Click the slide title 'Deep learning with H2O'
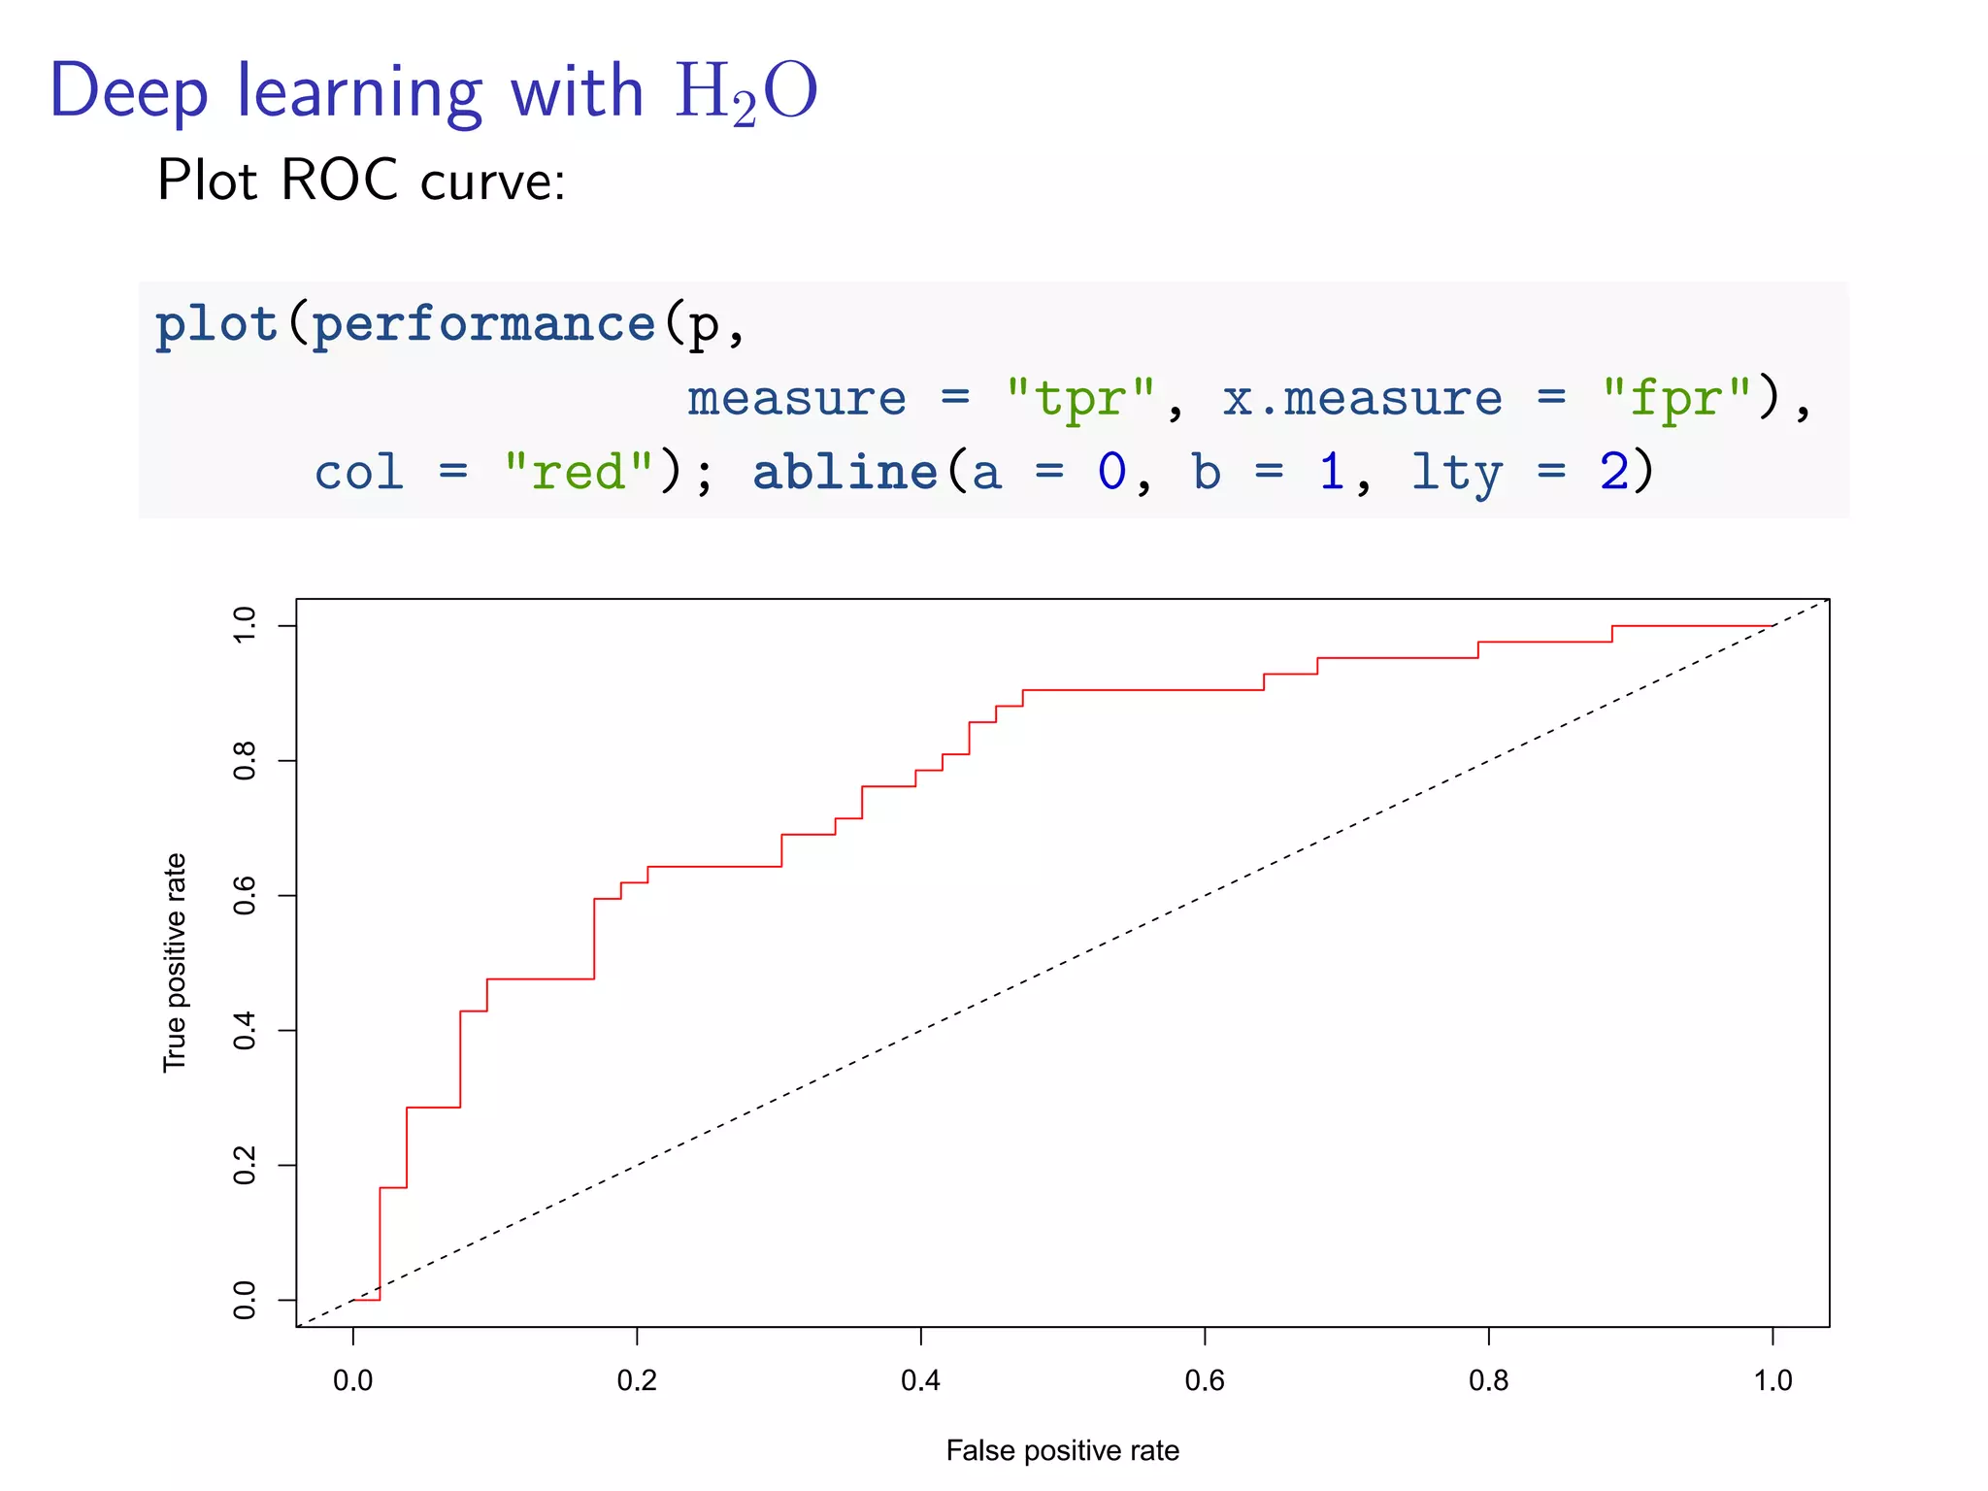pos(433,93)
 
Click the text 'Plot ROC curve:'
pos(360,181)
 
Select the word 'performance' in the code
pos(483,323)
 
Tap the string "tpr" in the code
pos(1080,398)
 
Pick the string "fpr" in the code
pos(1676,398)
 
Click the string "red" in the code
pos(579,473)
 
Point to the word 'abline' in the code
pos(845,473)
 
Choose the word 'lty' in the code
pos(1456,473)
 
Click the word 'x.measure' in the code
pos(1362,398)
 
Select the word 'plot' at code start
pos(216,323)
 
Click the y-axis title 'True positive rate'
pos(175,962)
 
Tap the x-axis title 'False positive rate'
pos(1062,1450)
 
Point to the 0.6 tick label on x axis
pos(1205,1380)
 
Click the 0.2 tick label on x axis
pos(637,1380)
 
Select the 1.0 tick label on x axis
pos(1773,1380)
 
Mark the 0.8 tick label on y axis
pos(245,760)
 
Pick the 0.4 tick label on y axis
pos(245,1030)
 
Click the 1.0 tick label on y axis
pos(245,625)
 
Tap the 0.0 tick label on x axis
pos(352,1380)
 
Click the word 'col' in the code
pos(358,473)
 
